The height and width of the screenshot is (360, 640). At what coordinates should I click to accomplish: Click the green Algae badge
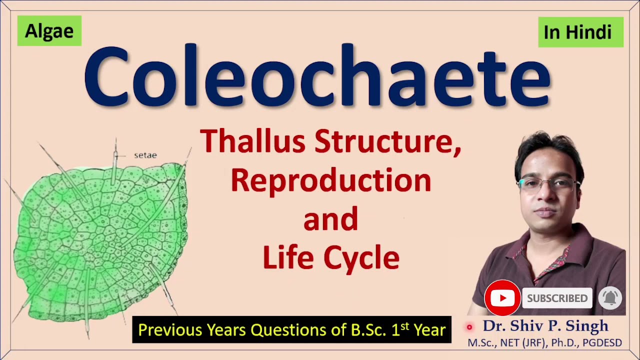click(x=49, y=31)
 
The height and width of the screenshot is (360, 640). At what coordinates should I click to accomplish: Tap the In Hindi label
click(x=580, y=32)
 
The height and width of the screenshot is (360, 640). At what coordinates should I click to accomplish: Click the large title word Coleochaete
click(x=317, y=76)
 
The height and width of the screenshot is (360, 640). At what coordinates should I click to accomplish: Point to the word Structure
click(x=387, y=142)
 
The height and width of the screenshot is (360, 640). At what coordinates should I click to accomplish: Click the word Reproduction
click(x=331, y=180)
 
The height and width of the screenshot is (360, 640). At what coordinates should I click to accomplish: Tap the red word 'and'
click(x=330, y=220)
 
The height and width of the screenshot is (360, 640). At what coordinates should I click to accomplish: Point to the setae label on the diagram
click(x=145, y=155)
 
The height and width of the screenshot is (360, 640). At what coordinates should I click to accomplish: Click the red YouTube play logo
click(x=502, y=298)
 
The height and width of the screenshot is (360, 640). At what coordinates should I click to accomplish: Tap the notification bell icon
click(x=609, y=298)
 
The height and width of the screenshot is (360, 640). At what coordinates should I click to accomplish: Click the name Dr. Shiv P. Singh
click(x=545, y=326)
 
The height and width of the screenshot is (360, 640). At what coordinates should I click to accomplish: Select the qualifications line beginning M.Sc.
click(x=544, y=343)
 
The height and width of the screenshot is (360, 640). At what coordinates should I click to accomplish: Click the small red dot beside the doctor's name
click(x=469, y=327)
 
